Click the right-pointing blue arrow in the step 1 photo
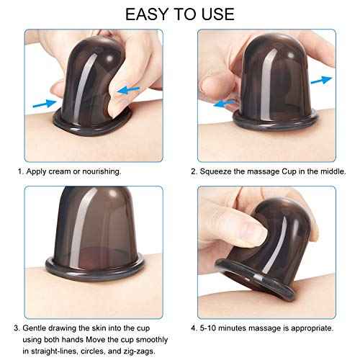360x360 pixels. (x=41, y=104)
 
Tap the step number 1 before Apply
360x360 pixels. (x=19, y=173)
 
